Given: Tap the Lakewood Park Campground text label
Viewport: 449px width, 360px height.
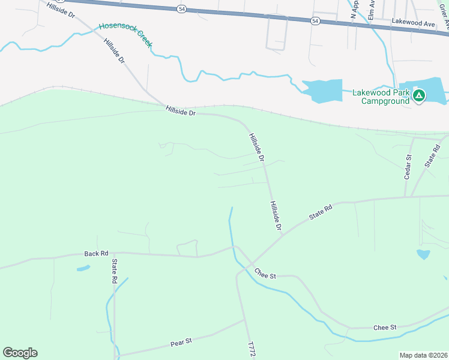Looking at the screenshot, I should pyautogui.click(x=381, y=97).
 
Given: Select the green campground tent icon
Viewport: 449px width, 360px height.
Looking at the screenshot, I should pyautogui.click(x=419, y=95).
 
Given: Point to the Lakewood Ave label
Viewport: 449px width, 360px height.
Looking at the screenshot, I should pyautogui.click(x=412, y=23).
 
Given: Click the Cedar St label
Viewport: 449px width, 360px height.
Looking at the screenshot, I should pyautogui.click(x=408, y=167).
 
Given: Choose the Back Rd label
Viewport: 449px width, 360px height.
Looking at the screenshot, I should pyautogui.click(x=96, y=253).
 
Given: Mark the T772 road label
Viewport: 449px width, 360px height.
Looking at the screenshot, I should pyautogui.click(x=252, y=350).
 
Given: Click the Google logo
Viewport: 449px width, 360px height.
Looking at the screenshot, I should pyautogui.click(x=20, y=353).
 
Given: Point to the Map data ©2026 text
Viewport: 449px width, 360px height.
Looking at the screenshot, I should pyautogui.click(x=424, y=355).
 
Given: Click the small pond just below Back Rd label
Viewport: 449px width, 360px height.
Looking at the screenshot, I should pyautogui.click(x=83, y=268).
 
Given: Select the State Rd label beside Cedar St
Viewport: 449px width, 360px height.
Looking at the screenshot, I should pyautogui.click(x=432, y=155).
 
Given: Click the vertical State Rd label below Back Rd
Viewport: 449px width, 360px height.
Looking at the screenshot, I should pyautogui.click(x=113, y=271).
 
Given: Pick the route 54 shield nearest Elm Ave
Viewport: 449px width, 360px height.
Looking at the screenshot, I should pyautogui.click(x=315, y=20).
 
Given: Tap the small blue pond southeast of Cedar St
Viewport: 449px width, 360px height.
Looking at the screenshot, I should pyautogui.click(x=423, y=254).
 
